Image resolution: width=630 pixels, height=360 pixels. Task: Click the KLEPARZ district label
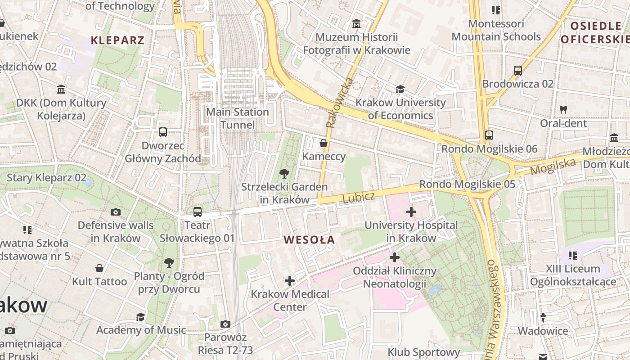coord(117,40)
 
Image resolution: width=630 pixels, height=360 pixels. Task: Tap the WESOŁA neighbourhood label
coord(310,240)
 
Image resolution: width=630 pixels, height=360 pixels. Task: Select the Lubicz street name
coord(358,197)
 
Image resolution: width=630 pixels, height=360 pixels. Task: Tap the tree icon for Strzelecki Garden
coord(284,174)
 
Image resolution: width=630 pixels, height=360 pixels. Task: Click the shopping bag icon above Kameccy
coord(324,144)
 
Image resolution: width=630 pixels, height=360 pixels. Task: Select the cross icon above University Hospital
coord(411,211)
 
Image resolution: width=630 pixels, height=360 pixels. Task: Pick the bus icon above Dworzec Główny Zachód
coord(163,132)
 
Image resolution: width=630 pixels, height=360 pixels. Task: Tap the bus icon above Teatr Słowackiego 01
coord(198,211)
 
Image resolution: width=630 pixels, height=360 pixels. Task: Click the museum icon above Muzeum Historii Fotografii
coord(356,23)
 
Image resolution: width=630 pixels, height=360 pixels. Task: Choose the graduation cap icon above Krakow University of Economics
coord(400,89)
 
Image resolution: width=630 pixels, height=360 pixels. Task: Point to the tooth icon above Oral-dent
coord(563,109)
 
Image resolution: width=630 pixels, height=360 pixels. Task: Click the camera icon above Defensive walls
coord(116,212)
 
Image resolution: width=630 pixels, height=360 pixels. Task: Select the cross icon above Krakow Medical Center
coord(290,281)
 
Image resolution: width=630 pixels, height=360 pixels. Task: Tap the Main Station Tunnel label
coord(238,118)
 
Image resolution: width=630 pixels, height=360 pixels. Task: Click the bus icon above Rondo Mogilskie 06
coord(489,135)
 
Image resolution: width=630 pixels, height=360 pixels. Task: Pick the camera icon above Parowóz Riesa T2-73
coord(225,324)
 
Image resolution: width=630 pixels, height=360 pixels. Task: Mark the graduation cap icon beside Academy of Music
coord(141,317)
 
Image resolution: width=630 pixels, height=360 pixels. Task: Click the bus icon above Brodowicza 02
coord(518,71)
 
